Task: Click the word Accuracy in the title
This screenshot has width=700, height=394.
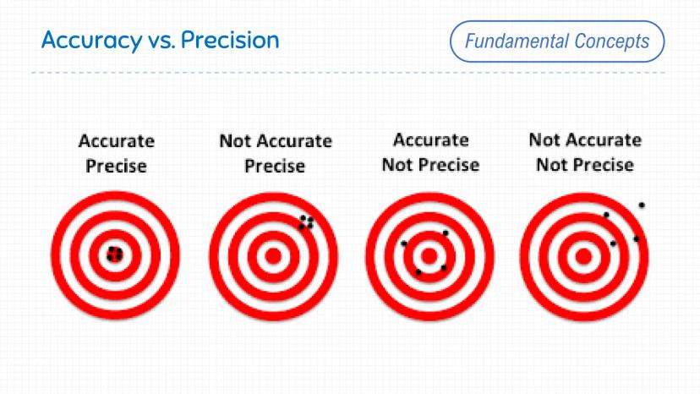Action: pos(91,41)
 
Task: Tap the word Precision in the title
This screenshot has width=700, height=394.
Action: pos(230,40)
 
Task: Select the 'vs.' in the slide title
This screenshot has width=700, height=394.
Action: pos(161,42)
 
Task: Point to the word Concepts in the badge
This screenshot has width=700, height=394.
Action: pos(611,42)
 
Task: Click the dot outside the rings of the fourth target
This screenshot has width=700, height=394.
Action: pos(642,205)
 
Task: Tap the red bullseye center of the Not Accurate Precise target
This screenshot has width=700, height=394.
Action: pos(273,256)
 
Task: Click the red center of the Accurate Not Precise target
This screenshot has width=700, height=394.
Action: pos(429,256)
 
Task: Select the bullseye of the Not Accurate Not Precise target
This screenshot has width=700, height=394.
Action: pos(583,257)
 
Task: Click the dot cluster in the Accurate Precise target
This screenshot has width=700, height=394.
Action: pos(115,254)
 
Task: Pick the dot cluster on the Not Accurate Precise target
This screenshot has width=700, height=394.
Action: pos(306,222)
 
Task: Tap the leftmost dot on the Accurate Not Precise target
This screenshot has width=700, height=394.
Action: pos(404,244)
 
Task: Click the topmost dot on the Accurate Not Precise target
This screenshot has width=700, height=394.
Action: pos(445,233)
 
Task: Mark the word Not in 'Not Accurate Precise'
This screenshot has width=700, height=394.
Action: pos(235,141)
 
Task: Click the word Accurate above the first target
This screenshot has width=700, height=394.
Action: pos(117,141)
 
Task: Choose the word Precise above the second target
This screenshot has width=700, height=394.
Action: pos(275,167)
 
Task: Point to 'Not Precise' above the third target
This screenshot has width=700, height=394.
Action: pos(431,165)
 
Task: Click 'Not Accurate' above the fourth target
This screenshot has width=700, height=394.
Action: pos(585,140)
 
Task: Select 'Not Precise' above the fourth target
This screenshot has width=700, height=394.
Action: pos(585,165)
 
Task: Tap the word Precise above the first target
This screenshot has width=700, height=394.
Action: pos(116,167)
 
